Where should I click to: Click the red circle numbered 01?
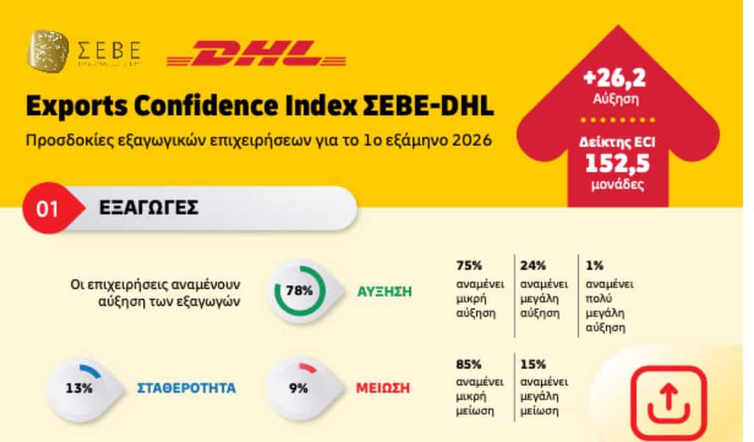point(47,208)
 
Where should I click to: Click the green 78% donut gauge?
point(299,290)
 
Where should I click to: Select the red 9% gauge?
point(298,387)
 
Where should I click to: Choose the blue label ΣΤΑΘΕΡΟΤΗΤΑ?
point(186,388)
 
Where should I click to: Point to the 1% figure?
point(593,265)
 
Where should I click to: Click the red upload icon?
point(665,402)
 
